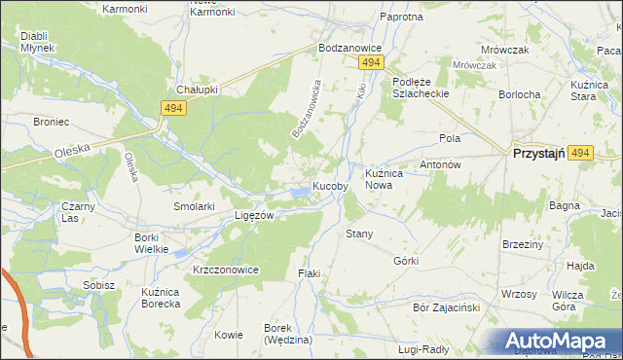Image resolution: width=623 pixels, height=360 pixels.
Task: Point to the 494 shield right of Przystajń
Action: pyautogui.click(x=581, y=154)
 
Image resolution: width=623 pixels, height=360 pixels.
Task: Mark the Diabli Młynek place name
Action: pyautogui.click(x=37, y=42)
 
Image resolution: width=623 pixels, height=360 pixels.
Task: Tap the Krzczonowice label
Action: pyautogui.click(x=226, y=270)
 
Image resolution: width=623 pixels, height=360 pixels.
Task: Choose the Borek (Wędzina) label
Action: pyautogui.click(x=287, y=334)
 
